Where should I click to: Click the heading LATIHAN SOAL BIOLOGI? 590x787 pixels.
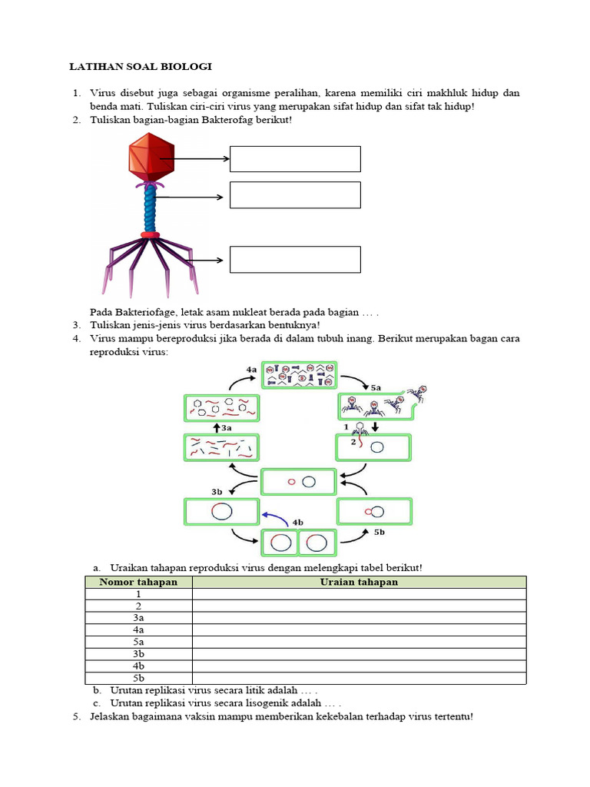(141, 67)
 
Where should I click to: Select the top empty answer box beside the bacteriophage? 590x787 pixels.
(295, 159)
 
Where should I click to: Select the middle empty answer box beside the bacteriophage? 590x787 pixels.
(295, 195)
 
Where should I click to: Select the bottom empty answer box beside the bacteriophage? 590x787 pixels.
(295, 260)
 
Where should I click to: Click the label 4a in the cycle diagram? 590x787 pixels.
(251, 370)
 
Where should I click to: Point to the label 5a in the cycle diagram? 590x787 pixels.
(376, 388)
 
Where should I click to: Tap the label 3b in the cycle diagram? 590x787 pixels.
(217, 490)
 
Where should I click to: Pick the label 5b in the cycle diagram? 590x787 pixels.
(379, 531)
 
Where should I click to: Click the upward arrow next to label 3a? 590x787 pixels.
(216, 427)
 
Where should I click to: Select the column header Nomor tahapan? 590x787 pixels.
(138, 582)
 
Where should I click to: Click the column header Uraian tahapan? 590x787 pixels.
(359, 582)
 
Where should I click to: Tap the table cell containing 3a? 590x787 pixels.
(138, 617)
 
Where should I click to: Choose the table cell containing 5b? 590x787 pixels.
(138, 678)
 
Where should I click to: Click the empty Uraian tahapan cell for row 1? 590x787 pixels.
(359, 594)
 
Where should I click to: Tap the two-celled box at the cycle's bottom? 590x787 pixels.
(299, 543)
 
